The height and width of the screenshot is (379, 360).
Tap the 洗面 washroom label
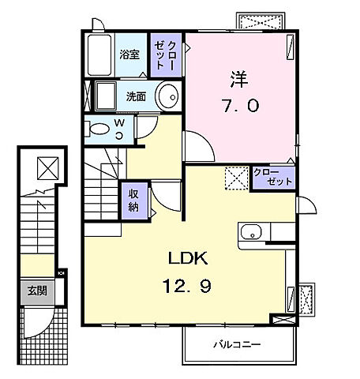point(136,97)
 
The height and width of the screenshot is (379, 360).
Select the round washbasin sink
point(167,99)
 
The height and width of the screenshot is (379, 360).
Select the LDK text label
point(186,258)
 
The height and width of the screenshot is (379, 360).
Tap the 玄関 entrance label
point(36,291)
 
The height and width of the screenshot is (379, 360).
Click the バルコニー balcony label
point(236,345)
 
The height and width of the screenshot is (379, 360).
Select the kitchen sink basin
point(250,233)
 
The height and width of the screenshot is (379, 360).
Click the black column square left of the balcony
point(280,319)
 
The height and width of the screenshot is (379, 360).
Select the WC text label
point(118,128)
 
